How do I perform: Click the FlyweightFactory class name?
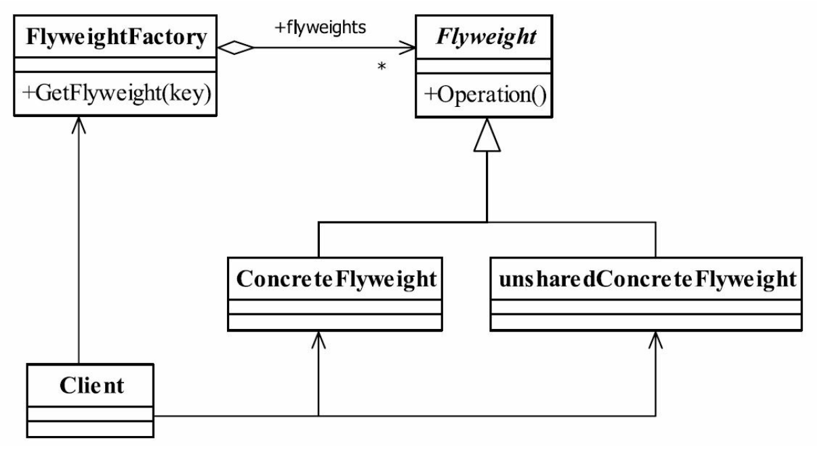(x=117, y=38)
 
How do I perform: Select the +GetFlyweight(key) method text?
(x=117, y=93)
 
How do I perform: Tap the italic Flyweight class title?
(x=487, y=38)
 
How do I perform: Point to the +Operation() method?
(x=485, y=95)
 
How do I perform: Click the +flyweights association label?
(x=321, y=28)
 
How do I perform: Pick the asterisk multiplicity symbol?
(x=382, y=66)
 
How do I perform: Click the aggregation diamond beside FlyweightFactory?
(x=235, y=47)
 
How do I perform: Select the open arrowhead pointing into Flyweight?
(x=407, y=47)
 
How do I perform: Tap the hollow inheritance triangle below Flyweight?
(x=487, y=135)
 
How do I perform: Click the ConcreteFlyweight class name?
(x=336, y=280)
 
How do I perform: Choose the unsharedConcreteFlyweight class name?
(x=648, y=280)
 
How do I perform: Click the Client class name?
(x=92, y=385)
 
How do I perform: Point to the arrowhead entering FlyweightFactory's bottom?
(x=79, y=125)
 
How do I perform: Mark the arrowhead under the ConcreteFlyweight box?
(x=319, y=340)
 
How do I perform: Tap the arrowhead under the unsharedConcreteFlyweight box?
(x=655, y=340)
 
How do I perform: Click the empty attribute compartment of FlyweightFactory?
(x=115, y=65)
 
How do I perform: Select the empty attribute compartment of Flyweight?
(x=484, y=66)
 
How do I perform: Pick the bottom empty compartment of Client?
(x=90, y=429)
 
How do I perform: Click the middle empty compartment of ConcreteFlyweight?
(x=335, y=307)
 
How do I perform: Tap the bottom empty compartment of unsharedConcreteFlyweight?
(x=646, y=322)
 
